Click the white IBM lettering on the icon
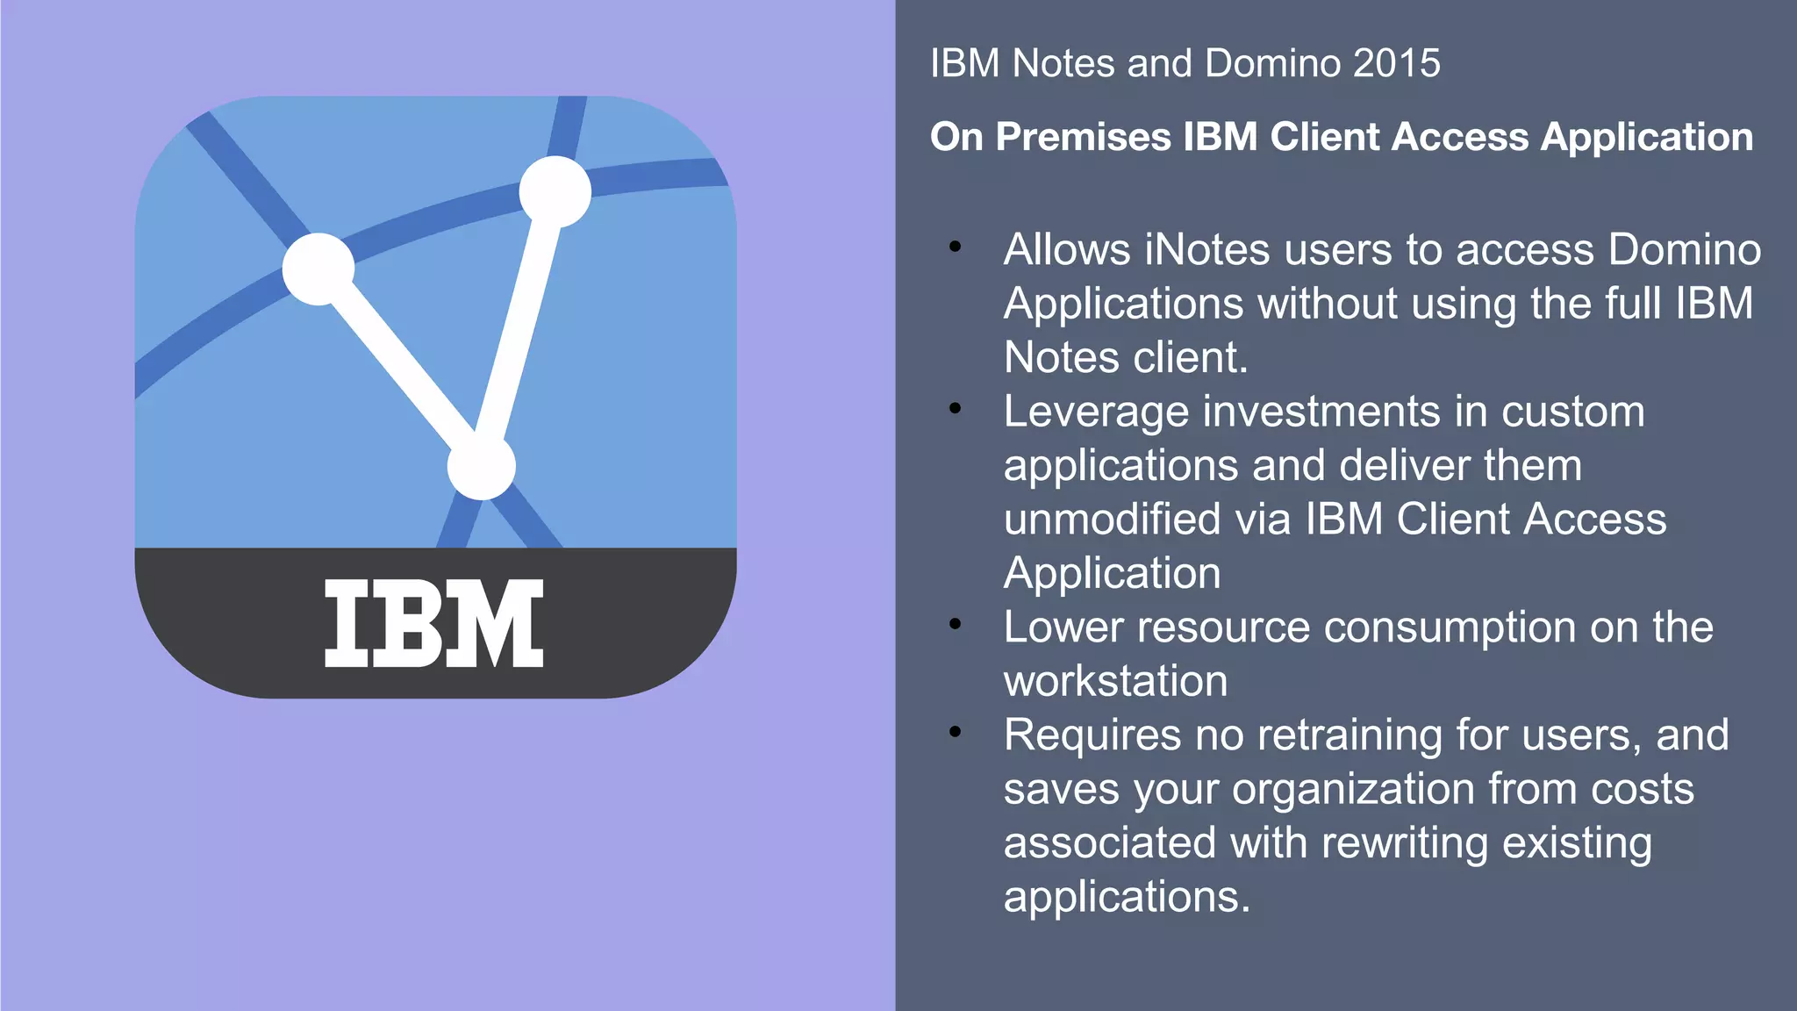coord(434,623)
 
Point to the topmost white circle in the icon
coord(555,191)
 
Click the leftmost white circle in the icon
coord(319,269)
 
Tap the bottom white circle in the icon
coord(481,465)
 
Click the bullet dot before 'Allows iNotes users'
coord(955,248)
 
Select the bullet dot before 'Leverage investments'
coord(955,409)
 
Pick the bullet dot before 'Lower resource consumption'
coord(955,625)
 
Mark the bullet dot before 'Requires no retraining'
coord(955,732)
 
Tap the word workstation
coord(1115,681)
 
